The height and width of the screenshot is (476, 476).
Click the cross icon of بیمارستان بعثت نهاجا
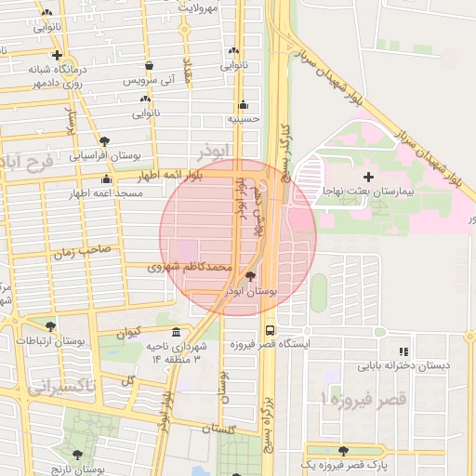coord(369,176)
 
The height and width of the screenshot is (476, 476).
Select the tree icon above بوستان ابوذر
coord(249,277)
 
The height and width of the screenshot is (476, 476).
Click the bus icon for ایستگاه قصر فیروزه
coord(270,330)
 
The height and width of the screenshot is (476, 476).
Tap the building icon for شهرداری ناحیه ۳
coord(177,333)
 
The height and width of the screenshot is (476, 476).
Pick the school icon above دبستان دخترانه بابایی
coord(403,351)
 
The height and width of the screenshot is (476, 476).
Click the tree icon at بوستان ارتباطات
coord(49,326)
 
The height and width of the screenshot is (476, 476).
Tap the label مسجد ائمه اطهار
coord(105,193)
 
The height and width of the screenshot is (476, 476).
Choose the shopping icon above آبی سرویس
coord(150,66)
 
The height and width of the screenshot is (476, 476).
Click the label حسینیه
coord(244,119)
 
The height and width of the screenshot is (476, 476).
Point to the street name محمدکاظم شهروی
coord(189,267)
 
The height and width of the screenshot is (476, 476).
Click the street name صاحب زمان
coord(81,250)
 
